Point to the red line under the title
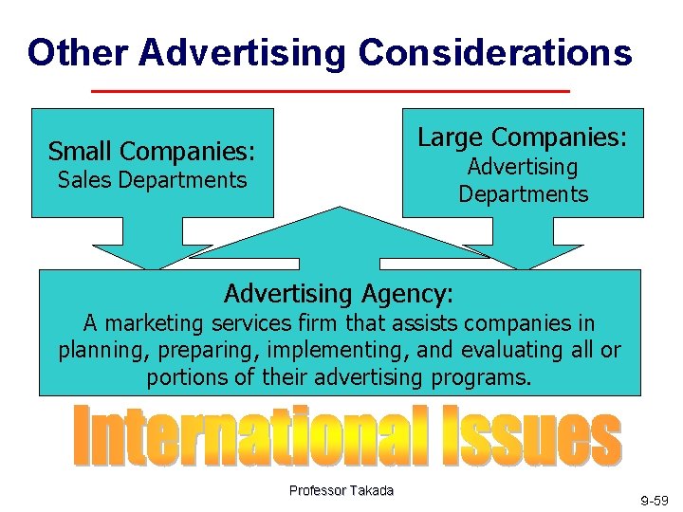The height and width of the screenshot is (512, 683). tap(329, 91)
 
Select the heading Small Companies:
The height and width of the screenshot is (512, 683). tap(152, 151)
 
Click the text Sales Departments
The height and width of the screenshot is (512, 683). tap(152, 180)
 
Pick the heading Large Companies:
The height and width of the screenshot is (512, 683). tap(523, 137)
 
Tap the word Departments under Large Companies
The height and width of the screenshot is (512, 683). tap(523, 194)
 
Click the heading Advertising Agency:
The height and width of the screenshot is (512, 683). tap(339, 290)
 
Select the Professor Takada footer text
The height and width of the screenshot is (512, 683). tap(341, 490)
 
